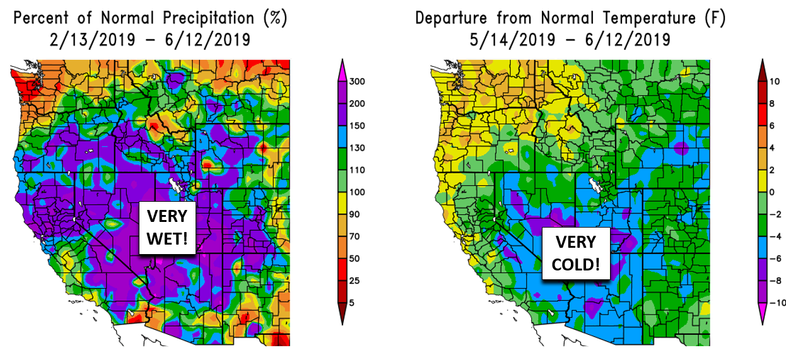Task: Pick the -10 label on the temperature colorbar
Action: (x=778, y=303)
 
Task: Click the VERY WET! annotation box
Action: (x=167, y=229)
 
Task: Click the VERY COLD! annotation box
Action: (x=576, y=253)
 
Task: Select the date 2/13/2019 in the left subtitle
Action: (x=91, y=40)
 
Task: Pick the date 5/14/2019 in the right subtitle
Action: (x=512, y=40)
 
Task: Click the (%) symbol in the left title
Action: (x=276, y=18)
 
